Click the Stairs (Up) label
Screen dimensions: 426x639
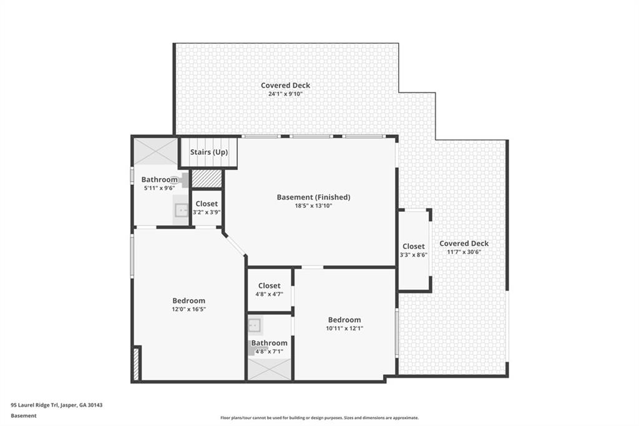[209, 152]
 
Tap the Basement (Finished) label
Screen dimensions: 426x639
[313, 197]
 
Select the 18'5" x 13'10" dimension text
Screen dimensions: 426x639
[313, 206]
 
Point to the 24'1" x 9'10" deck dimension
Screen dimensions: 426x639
[285, 94]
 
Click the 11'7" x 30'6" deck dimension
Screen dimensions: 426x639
[464, 252]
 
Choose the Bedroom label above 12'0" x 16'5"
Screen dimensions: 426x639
[188, 301]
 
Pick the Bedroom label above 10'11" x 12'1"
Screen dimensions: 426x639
[344, 320]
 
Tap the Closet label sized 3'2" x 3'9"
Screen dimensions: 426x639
[207, 204]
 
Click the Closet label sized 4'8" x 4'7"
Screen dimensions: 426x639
[269, 286]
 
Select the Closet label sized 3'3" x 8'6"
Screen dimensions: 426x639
[413, 247]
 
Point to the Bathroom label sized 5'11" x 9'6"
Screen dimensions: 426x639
[159, 180]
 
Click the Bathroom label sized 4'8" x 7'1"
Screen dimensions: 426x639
[269, 343]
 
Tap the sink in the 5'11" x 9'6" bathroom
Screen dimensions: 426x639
[182, 211]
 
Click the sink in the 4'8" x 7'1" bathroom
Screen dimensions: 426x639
[255, 325]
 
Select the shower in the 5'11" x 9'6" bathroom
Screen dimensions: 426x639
[156, 151]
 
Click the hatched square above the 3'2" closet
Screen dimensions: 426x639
[207, 179]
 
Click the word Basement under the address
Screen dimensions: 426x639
[24, 415]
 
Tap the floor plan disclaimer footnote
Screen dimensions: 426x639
[319, 418]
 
